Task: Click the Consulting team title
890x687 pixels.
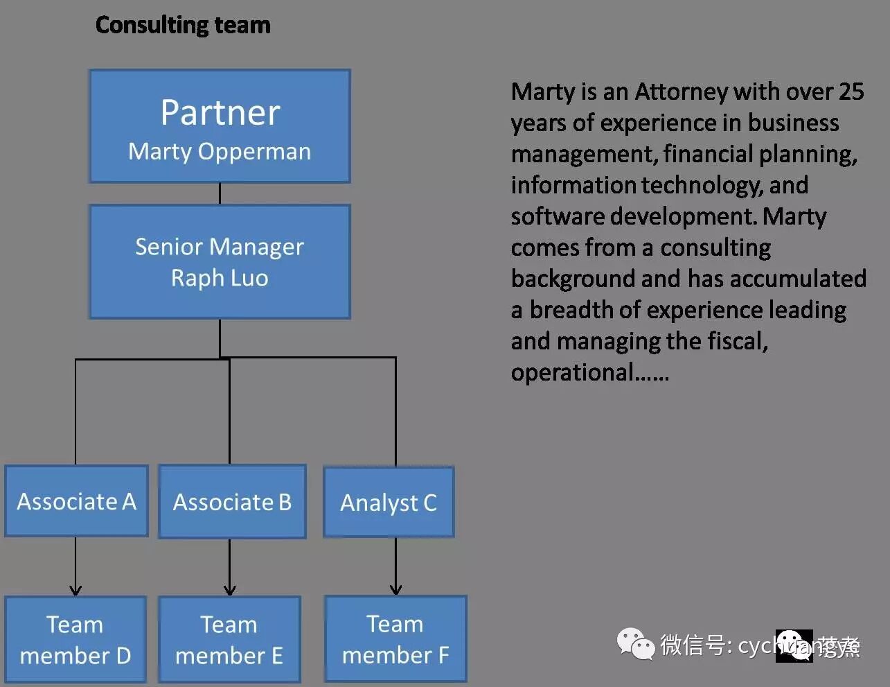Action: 183,25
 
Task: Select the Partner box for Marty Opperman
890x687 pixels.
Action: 220,126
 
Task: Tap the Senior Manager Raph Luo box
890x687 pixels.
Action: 220,262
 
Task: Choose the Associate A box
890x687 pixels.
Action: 76,501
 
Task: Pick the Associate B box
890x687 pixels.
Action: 232,502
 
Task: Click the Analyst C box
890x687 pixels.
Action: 389,503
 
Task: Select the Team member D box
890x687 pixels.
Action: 75,639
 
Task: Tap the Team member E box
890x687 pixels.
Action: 229,639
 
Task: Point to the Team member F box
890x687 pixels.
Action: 395,638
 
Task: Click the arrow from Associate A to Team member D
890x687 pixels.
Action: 75,566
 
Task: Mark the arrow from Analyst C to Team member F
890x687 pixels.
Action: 395,566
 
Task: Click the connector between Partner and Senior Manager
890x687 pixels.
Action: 220,193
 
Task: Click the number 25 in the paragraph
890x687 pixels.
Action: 851,92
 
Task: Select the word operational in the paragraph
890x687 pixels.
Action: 572,372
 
